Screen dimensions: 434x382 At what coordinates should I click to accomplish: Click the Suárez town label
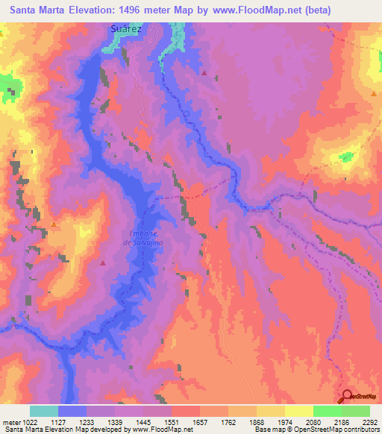tap(125, 28)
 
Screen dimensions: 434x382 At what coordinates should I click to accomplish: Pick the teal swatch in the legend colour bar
tap(44, 411)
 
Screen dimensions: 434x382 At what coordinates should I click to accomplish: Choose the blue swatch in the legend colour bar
tap(72, 411)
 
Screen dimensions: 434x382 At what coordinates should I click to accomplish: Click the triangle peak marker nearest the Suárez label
tap(204, 73)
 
